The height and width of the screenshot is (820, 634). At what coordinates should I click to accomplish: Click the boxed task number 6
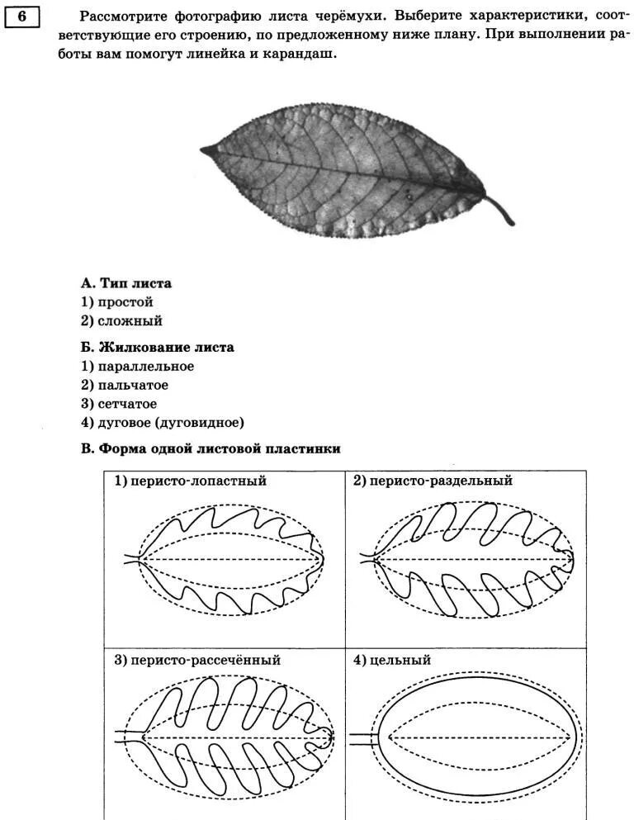[21, 17]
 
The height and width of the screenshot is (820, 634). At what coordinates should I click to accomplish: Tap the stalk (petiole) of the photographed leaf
[499, 209]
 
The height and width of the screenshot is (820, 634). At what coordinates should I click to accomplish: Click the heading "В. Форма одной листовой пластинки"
[211, 448]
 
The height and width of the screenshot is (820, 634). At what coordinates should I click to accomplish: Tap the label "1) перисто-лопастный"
[190, 481]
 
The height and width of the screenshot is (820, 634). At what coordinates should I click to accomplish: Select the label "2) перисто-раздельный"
[433, 481]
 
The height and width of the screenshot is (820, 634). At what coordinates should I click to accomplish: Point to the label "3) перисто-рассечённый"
[197, 661]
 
